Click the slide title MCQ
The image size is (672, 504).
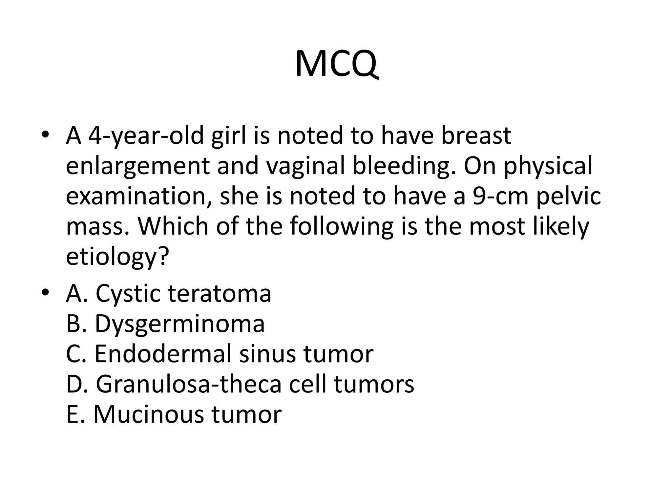pos(336,64)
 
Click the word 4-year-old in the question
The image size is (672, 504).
pos(146,136)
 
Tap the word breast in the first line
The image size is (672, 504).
pos(476,136)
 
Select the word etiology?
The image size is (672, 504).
pos(117,257)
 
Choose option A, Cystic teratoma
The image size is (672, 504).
pos(169,293)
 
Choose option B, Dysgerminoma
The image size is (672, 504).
pos(165,324)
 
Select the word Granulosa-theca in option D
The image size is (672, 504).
pos(189,384)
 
